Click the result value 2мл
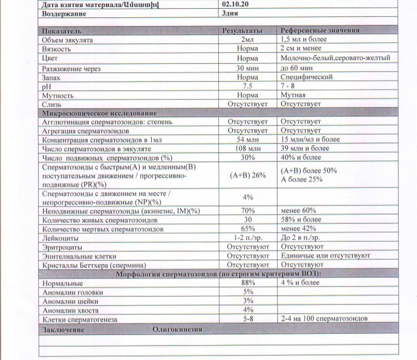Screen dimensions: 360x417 [247, 40]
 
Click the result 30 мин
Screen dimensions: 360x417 [247, 68]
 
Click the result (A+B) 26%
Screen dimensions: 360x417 [247, 175]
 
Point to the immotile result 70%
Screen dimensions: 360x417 [248, 211]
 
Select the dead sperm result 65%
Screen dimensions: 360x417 [247, 229]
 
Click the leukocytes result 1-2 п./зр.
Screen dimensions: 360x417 [247, 237]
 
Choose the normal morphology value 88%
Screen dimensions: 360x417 [248, 282]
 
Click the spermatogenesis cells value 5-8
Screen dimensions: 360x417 [247, 318]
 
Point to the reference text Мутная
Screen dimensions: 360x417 [293, 95]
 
